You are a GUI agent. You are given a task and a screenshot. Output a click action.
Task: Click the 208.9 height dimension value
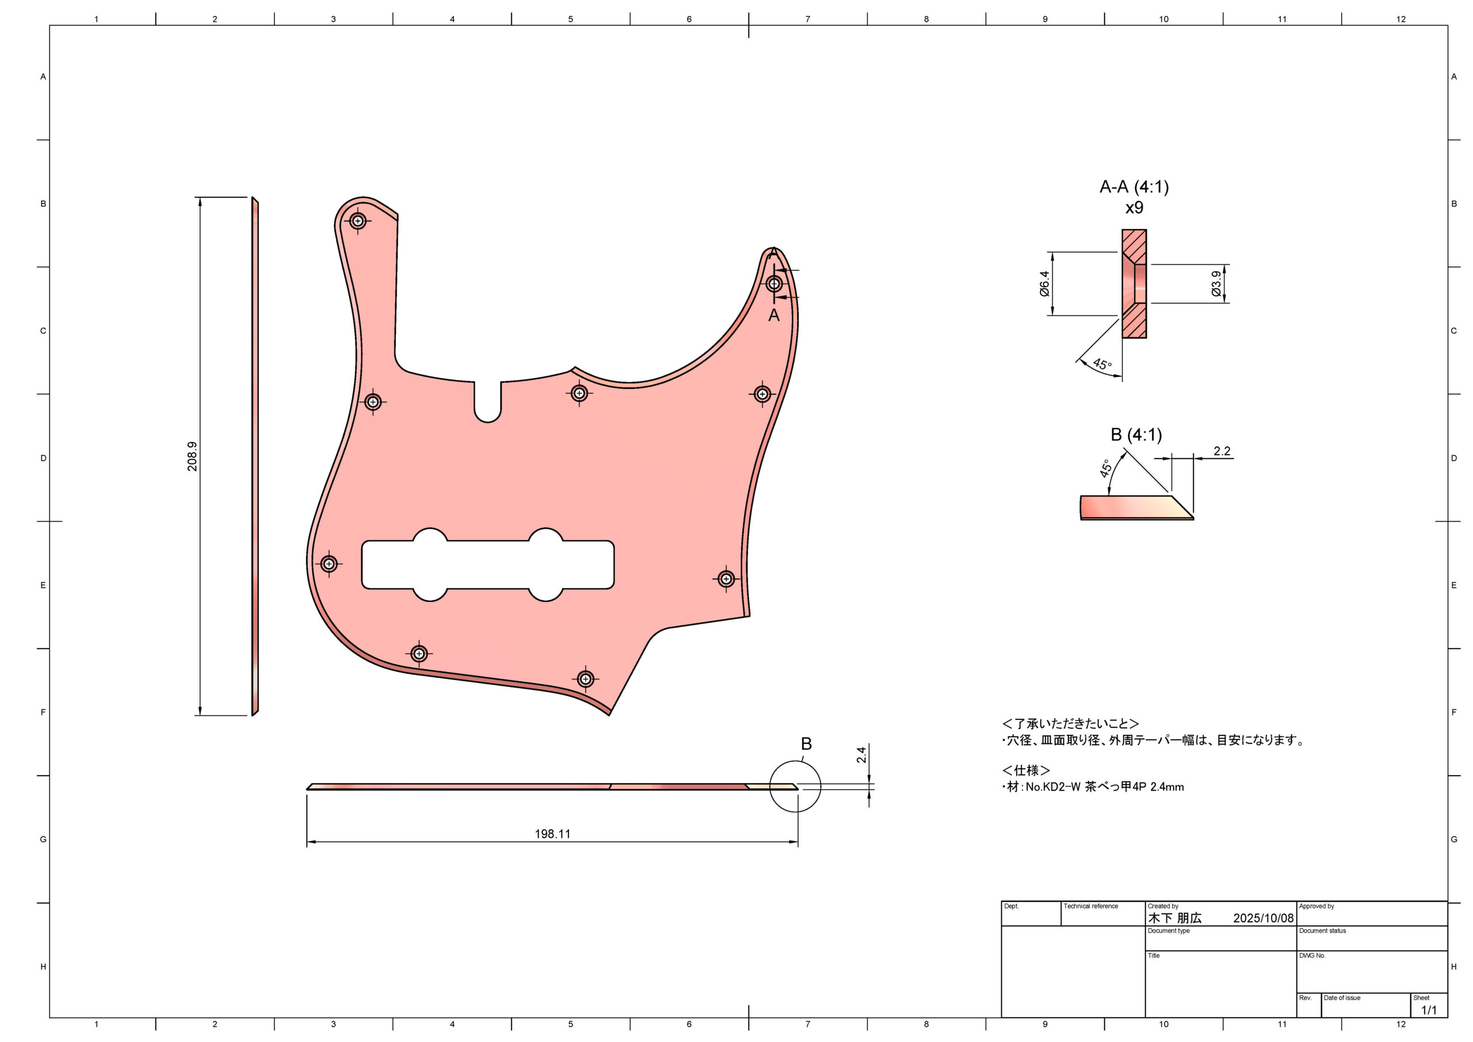click(x=192, y=456)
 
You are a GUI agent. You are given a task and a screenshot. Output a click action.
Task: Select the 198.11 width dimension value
click(x=552, y=834)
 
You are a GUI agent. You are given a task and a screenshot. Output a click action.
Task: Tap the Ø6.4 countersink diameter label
click(x=1044, y=284)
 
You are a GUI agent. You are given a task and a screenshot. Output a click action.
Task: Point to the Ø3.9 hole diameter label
click(x=1216, y=284)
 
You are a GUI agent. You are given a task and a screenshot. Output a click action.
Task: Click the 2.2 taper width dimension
click(x=1222, y=451)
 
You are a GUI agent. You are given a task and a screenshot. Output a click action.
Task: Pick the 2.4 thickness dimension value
click(x=861, y=754)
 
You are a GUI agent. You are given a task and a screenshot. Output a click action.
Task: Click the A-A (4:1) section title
click(x=1134, y=187)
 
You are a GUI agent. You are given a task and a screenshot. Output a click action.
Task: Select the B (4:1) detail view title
click(x=1136, y=435)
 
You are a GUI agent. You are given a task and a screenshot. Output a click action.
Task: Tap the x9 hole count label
click(x=1134, y=208)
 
